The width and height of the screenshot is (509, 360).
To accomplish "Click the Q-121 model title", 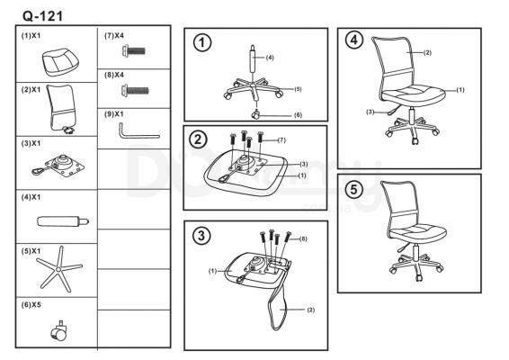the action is click(x=42, y=15).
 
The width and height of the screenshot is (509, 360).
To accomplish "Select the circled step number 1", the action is click(x=202, y=42).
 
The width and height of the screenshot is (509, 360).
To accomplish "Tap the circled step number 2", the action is click(x=198, y=139).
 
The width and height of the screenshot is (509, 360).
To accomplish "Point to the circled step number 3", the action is click(x=201, y=235).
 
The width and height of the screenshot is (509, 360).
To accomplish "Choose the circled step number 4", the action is click(x=353, y=40).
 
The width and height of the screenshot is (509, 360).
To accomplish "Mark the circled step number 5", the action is click(x=353, y=189).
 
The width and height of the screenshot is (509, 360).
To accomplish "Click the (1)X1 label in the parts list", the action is click(x=31, y=36).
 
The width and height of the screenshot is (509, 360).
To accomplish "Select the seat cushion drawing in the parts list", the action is click(x=61, y=62).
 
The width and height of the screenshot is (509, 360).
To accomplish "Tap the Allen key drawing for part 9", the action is click(x=138, y=131).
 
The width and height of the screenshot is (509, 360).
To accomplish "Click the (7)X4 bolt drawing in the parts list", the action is click(x=134, y=50).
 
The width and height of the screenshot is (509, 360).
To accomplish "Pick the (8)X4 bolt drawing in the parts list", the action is click(x=135, y=90).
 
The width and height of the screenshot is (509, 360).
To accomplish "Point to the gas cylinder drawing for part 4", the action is click(x=63, y=221).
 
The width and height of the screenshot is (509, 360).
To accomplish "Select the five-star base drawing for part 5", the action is click(x=59, y=269).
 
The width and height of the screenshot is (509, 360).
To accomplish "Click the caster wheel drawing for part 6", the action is click(x=59, y=331).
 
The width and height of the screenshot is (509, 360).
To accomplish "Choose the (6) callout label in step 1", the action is click(x=298, y=115).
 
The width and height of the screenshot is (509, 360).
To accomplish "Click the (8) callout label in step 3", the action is click(x=302, y=238).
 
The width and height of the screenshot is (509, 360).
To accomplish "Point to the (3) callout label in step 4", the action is click(x=371, y=112).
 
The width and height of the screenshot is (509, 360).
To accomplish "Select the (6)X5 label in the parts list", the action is click(x=31, y=305).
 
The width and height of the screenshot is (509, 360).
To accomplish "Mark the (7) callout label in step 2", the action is click(x=281, y=140).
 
